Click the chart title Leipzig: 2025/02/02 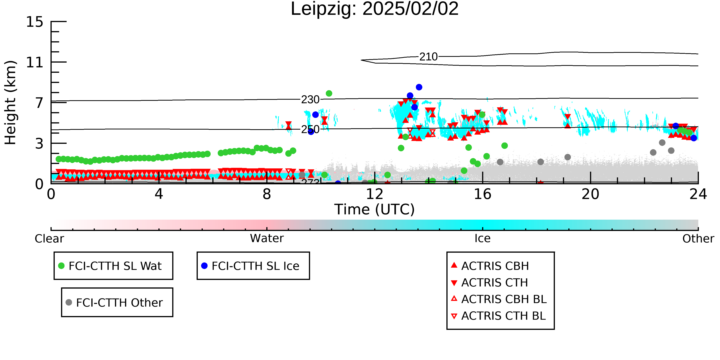click(375, 9)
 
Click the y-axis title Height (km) click(10, 103)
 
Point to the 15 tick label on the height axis click(35, 22)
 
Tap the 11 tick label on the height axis click(35, 62)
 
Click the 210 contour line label click(429, 57)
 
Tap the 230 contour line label click(310, 99)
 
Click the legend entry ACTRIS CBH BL click(499, 299)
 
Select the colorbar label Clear click(49, 239)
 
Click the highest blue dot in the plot click(419, 87)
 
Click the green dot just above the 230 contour click(329, 93)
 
